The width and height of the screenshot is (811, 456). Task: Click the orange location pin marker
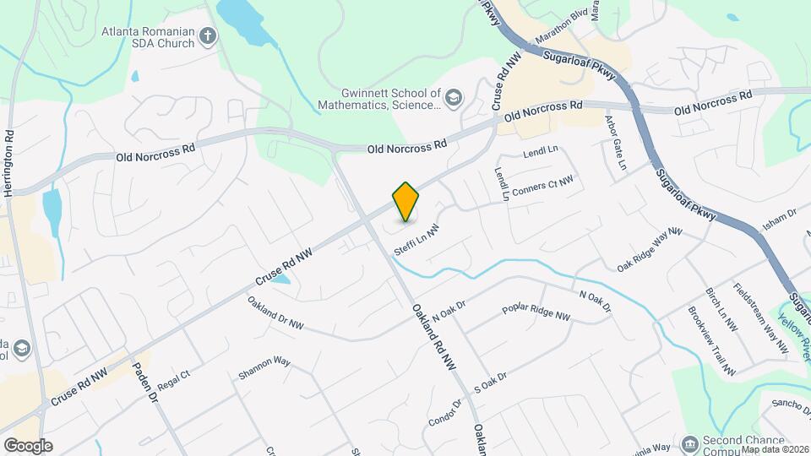(405, 202)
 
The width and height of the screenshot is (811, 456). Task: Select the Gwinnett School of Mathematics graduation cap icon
(454, 98)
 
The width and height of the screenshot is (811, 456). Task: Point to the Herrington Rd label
(9, 164)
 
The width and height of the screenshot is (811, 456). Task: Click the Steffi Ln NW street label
(417, 242)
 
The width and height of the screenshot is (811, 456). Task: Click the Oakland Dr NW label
(275, 313)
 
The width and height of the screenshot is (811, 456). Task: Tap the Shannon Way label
(264, 367)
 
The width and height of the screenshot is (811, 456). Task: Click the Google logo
(27, 445)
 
